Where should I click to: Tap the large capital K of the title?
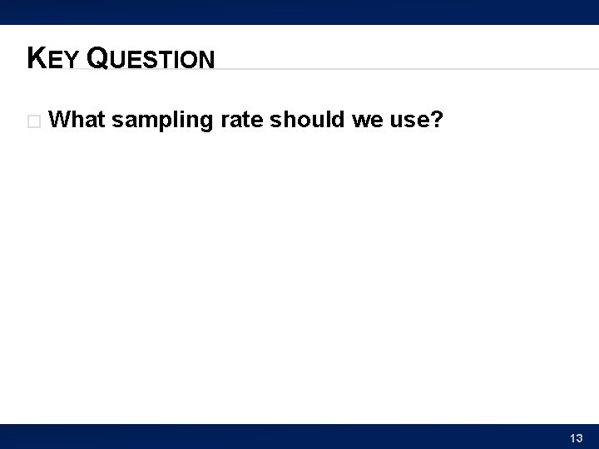[36, 57]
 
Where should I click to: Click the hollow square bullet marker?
[33, 121]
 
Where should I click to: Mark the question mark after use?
[436, 121]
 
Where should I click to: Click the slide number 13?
[577, 437]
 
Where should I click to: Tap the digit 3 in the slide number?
[580, 437]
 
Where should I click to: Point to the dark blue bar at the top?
[299, 12]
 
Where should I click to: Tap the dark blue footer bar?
[299, 437]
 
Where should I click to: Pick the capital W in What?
[60, 121]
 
